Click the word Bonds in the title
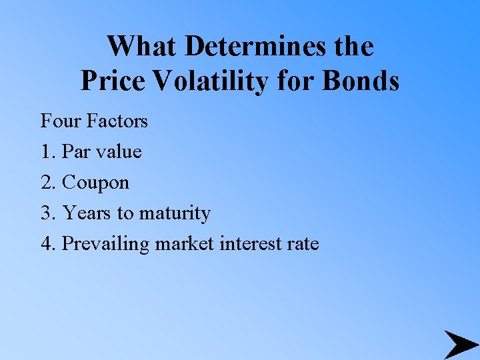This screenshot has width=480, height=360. [361, 81]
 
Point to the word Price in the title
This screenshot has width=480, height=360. [113, 81]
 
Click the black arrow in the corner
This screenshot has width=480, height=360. [460, 344]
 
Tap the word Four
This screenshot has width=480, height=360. [59, 121]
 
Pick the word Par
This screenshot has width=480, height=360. [77, 152]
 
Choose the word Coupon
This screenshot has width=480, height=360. [95, 183]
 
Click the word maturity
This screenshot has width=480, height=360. [174, 213]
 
